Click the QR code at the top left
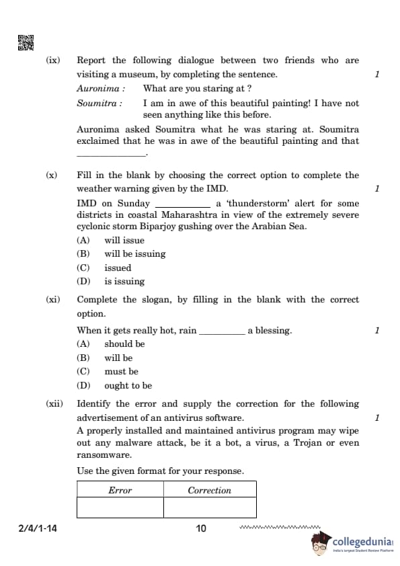25,42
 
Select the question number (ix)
52,60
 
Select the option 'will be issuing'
134,254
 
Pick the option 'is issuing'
124,282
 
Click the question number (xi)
52,300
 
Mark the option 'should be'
124,344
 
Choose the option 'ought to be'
128,386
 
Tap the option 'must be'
121,372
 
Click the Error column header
120,490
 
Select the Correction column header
210,490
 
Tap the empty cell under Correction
210,508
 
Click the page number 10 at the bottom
201,528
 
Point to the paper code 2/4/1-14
38,528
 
